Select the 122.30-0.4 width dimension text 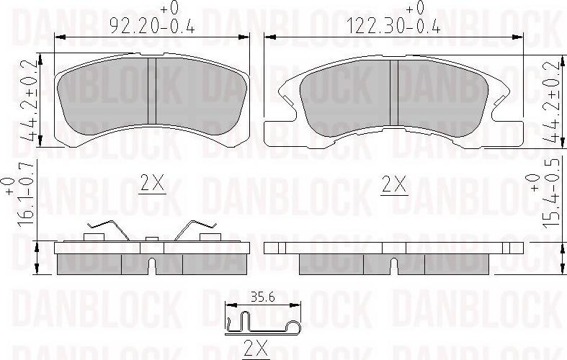(394, 27)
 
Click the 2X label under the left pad (152, 185)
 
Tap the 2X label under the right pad (394, 185)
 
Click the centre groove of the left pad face (152, 90)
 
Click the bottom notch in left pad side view (152, 266)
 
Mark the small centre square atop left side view (152, 239)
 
